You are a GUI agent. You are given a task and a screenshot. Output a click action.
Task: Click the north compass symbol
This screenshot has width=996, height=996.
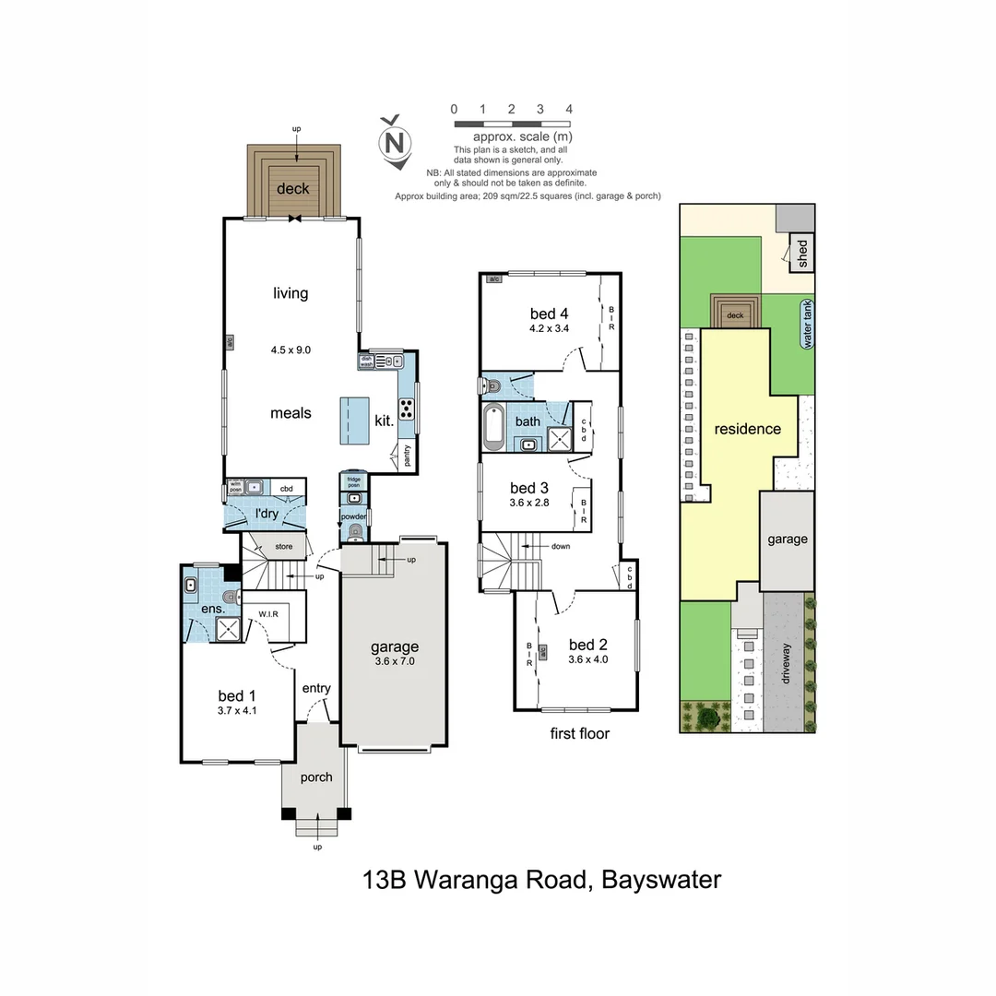(396, 143)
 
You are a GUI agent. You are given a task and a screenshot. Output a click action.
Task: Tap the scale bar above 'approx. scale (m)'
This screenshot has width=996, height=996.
(511, 124)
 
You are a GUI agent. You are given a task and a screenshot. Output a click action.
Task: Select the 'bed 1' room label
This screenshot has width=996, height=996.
(231, 695)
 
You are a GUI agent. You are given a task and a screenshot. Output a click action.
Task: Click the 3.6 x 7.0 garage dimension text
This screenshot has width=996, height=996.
(395, 661)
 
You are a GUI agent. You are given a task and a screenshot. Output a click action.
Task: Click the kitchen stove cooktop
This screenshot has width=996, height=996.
(407, 409)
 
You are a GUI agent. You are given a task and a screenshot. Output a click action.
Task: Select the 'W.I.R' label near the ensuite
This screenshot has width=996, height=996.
(268, 613)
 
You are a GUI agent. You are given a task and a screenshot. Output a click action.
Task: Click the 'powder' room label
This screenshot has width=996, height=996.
(354, 517)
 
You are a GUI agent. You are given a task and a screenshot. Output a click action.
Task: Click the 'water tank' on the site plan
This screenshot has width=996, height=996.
(809, 326)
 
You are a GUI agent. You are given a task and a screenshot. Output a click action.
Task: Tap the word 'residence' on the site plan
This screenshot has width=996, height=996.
(747, 429)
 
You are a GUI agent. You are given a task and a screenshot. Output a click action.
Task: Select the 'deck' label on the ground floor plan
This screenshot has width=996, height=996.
(293, 189)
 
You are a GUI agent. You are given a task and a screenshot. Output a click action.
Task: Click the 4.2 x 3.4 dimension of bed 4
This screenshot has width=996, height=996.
(551, 328)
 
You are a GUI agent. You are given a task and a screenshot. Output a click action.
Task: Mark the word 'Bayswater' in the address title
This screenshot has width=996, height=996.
(660, 880)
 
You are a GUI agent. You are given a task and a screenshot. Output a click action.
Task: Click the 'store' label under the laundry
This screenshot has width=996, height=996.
(284, 547)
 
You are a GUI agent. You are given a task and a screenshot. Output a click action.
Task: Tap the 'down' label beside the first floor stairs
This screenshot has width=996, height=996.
(561, 546)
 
